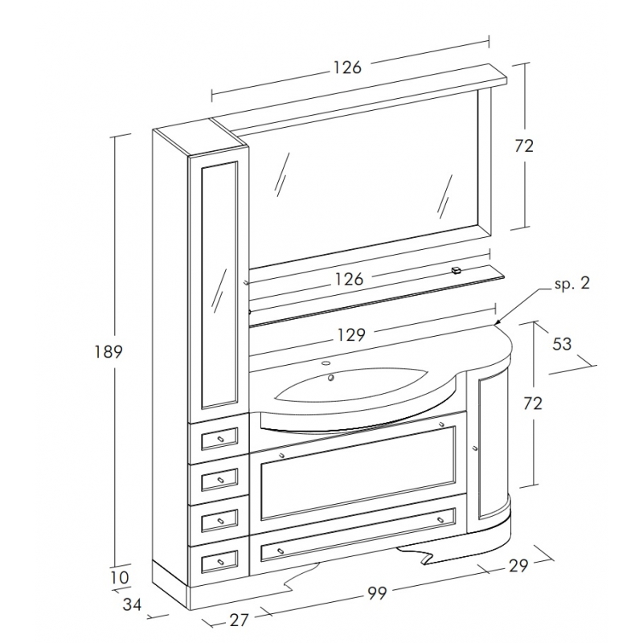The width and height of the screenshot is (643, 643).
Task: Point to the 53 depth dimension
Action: coord(563,343)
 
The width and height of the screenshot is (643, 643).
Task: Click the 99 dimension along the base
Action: coord(377,593)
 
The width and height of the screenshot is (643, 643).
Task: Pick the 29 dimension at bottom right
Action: coord(518,566)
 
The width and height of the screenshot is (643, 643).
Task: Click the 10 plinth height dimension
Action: coord(120,577)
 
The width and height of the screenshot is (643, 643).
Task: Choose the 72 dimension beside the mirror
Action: coord(523,145)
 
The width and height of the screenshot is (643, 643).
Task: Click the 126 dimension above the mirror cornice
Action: coord(347,68)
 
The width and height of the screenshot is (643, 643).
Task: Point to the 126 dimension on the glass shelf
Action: coord(349,279)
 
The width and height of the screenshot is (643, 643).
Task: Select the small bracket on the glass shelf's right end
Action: coord(457,271)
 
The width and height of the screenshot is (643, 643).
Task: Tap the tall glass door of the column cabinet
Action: coord(219,283)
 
